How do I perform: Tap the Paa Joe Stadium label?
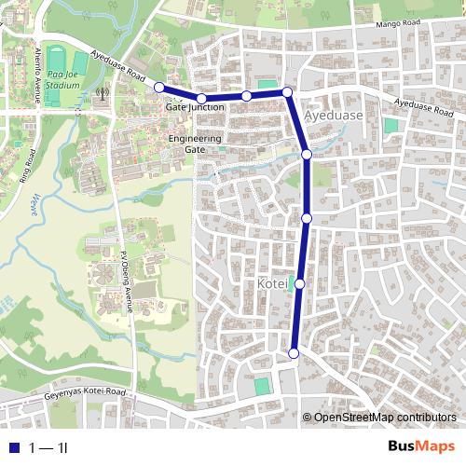coord(62,78)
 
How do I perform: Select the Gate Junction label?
coord(194,108)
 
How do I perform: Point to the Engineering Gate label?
coord(195,144)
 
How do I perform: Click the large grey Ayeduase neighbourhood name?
coord(333,116)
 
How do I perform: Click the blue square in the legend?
coord(11,448)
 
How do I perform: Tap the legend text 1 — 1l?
coord(48,448)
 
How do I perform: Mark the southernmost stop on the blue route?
coord(294,352)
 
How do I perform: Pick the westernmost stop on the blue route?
coord(158,87)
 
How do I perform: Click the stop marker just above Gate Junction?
coord(201,98)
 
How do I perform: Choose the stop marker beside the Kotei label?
coord(300,283)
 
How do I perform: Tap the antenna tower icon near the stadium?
coord(102,93)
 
